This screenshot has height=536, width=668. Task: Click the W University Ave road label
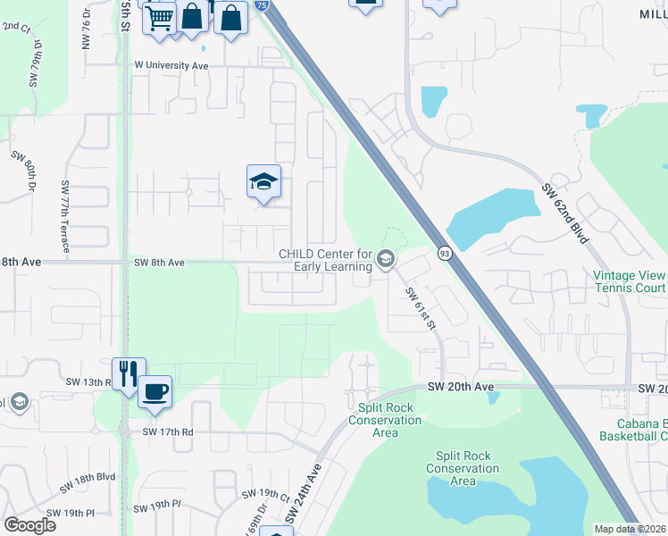pos(171,65)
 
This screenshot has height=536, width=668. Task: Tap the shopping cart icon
pos(159,17)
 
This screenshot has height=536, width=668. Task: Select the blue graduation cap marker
pos(263,182)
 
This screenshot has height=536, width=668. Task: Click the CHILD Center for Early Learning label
pos(325,260)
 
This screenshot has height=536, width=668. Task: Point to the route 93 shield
pos(444,254)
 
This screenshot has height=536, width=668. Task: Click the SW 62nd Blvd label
pos(566,214)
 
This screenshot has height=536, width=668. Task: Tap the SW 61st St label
pos(419,306)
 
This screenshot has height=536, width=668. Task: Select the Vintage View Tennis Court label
pos(630,282)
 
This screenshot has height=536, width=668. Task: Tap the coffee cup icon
pos(154,391)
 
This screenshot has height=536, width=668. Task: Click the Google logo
pos(29,525)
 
